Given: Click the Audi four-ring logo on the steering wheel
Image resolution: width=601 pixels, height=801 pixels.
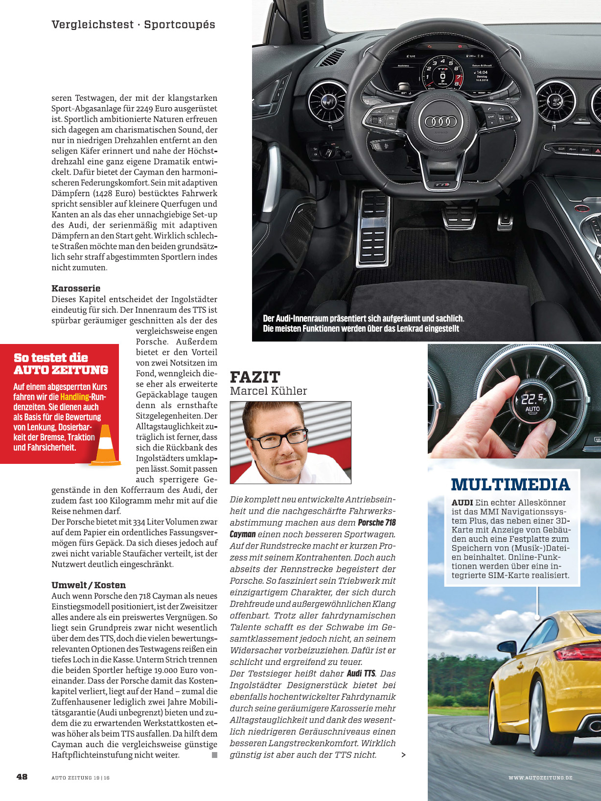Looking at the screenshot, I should click(441, 121).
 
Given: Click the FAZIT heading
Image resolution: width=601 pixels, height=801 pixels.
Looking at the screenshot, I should click(255, 377).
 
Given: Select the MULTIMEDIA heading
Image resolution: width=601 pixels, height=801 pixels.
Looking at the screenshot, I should click(510, 484).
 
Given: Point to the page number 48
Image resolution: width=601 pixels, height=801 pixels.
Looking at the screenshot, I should click(22, 777).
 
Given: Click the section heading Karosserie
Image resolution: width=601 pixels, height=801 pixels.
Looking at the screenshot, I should click(76, 288).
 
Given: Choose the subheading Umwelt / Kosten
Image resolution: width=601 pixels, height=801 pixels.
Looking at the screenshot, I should click(89, 585).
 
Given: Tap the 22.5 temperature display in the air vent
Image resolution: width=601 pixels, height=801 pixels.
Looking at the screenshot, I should click(532, 399).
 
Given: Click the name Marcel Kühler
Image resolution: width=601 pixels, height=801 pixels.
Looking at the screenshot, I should click(269, 391).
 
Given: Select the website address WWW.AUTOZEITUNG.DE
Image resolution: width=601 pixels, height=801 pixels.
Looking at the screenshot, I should click(540, 778).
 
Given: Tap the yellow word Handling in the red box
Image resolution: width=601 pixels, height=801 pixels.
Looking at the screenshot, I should click(75, 397).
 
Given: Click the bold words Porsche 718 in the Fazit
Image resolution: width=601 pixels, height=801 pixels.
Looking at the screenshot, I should click(376, 523).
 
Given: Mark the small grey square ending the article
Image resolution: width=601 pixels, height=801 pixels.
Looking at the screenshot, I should click(214, 755).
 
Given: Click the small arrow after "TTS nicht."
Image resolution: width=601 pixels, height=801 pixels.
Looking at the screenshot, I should click(403, 755).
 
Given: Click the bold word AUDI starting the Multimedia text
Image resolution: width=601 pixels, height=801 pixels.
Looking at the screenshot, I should click(462, 503).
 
